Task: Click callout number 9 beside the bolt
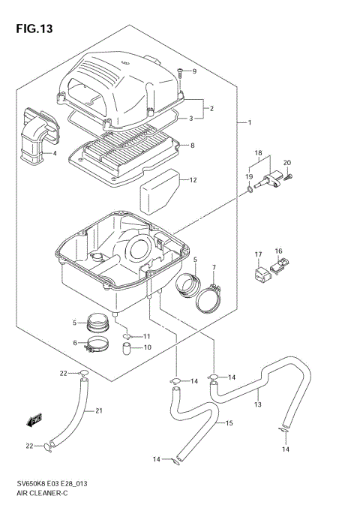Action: (193, 71)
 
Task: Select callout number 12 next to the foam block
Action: (193, 180)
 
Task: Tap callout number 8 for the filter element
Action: (193, 146)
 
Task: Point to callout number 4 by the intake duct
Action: (54, 154)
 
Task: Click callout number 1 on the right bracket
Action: (250, 122)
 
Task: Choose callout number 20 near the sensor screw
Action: (286, 163)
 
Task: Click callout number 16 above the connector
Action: (278, 251)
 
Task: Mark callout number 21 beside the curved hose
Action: (98, 410)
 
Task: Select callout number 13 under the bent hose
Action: (257, 405)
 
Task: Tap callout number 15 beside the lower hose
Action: (229, 424)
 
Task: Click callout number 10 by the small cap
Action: (147, 347)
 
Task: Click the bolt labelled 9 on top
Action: (180, 74)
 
